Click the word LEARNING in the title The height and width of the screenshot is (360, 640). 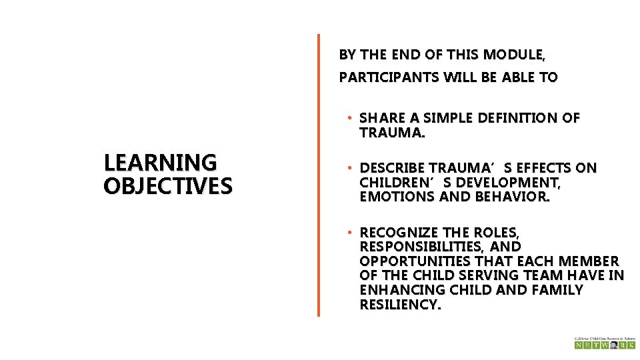point(160,163)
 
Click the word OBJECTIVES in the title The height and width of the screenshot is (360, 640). point(168,185)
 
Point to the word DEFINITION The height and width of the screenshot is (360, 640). point(523,118)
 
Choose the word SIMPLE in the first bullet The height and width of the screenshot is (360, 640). point(450,118)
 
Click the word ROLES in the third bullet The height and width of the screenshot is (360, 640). point(495,233)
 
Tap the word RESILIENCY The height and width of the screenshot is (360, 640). point(400,305)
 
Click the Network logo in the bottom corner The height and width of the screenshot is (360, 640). point(605,343)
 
